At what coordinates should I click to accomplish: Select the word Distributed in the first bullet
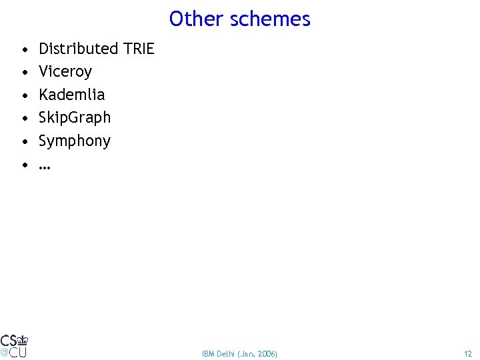tap(78, 49)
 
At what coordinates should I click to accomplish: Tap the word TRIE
tap(138, 49)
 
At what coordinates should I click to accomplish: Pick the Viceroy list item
tap(65, 71)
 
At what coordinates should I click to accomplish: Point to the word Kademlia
tap(71, 95)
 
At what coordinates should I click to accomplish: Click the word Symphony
tap(74, 141)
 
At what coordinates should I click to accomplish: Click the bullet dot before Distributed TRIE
tap(24, 49)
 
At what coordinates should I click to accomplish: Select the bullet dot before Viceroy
tap(24, 72)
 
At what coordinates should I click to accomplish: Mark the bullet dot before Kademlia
tap(24, 95)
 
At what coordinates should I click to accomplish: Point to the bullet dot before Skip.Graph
tap(24, 118)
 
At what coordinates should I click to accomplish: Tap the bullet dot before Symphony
tap(24, 141)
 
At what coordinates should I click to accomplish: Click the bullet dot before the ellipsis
tap(24, 165)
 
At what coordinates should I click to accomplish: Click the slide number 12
tap(468, 353)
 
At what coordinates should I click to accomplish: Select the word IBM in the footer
tap(207, 353)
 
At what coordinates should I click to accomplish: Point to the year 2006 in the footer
tap(267, 353)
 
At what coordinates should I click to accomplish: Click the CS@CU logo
tap(14, 345)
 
